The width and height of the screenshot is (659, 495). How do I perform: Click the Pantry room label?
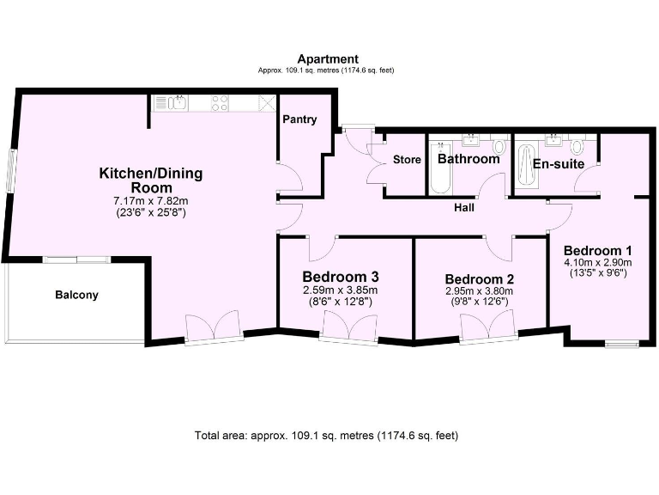299,119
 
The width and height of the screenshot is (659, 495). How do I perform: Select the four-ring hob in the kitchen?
221,103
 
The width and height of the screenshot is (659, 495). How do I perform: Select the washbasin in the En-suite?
553,139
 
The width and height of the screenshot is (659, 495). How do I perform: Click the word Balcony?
77,295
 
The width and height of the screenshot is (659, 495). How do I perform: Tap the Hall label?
463,207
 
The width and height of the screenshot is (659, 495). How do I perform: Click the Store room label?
407,160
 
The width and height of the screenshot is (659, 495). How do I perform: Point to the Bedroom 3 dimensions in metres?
341,290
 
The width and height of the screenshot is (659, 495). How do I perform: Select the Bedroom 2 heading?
480,279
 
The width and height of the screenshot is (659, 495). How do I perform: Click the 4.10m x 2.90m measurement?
597,262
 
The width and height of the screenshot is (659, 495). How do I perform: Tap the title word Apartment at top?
327,58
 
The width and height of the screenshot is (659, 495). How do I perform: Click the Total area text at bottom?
327,436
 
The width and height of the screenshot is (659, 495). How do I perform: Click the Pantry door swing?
290,178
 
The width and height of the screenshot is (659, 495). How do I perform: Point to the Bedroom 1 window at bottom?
621,345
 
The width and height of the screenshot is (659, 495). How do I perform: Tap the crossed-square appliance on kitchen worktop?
267,103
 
